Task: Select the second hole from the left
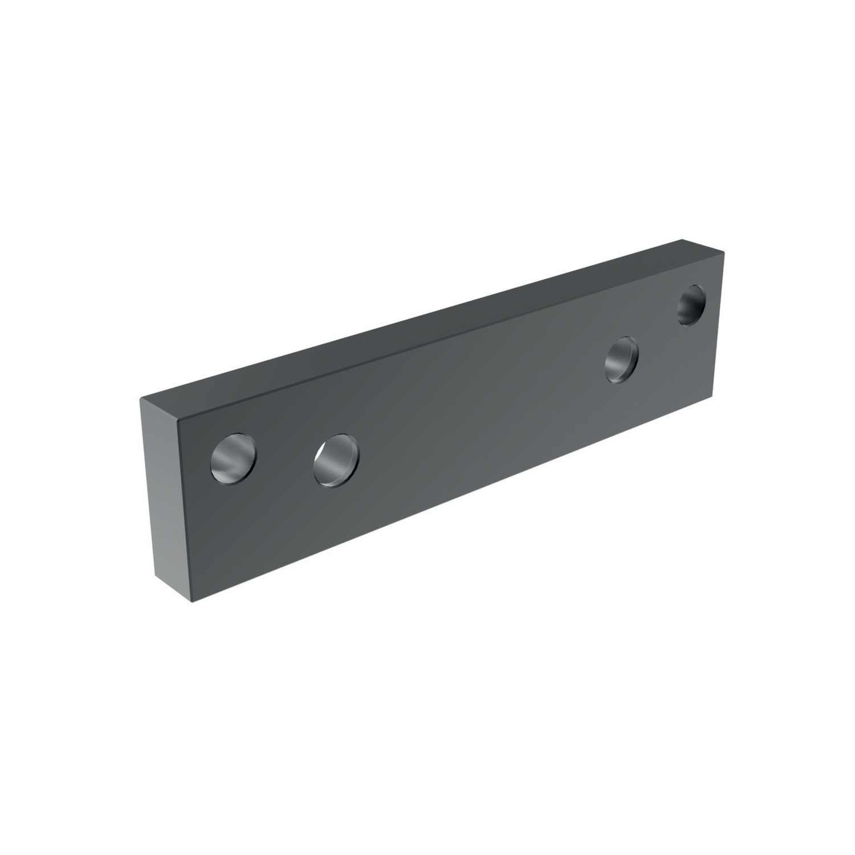336,460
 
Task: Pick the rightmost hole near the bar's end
691,305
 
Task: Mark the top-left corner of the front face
178,423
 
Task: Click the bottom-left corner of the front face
190,600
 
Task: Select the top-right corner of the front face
724,252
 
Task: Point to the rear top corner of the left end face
140,398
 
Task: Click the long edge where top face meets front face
450,338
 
